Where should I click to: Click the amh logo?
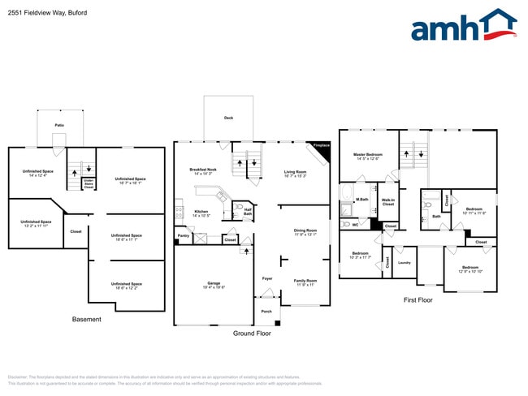tap(463, 26)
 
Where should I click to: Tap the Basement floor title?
tap(87, 319)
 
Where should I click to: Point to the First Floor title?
tap(418, 299)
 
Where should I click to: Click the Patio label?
tap(59, 125)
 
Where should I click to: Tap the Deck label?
tap(228, 118)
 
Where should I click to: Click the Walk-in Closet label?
tap(387, 202)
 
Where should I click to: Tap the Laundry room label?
tap(405, 262)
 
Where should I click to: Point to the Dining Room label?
tap(305, 231)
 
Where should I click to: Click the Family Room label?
tap(305, 282)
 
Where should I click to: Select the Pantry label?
tap(183, 236)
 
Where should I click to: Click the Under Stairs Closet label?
tap(89, 184)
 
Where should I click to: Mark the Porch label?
tap(266, 311)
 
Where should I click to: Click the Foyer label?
tap(266, 278)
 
